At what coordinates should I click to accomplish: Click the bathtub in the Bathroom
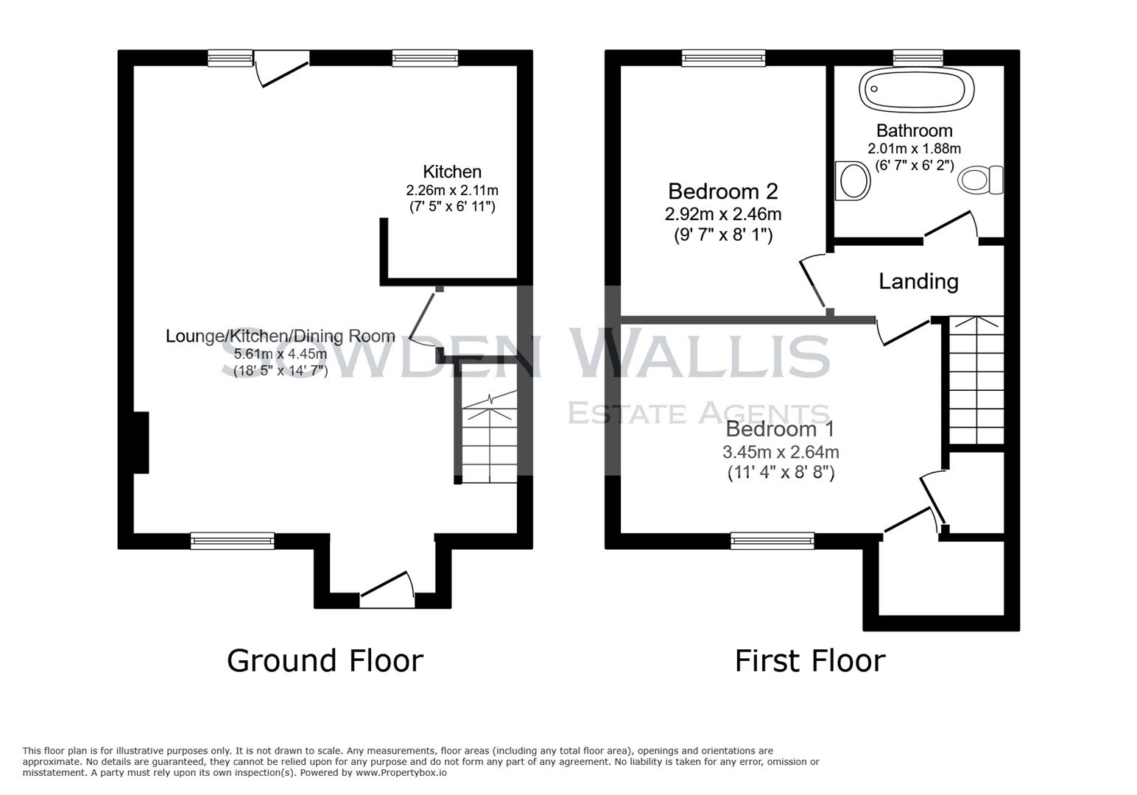click(916, 90)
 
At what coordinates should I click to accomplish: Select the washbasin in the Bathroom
click(853, 180)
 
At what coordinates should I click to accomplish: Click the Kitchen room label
click(452, 172)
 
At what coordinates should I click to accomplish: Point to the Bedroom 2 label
click(722, 191)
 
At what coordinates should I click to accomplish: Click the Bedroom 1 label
click(781, 429)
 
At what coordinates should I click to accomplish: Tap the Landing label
click(918, 281)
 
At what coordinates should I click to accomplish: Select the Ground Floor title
click(325, 660)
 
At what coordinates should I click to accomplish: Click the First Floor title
click(809, 660)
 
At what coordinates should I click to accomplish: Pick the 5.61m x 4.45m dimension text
click(280, 354)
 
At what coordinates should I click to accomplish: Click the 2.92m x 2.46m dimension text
click(722, 215)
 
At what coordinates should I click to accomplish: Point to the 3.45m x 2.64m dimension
click(781, 452)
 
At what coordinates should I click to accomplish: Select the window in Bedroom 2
click(723, 58)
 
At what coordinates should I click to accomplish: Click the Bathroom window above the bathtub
click(918, 58)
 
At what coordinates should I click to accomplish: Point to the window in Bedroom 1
click(772, 541)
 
